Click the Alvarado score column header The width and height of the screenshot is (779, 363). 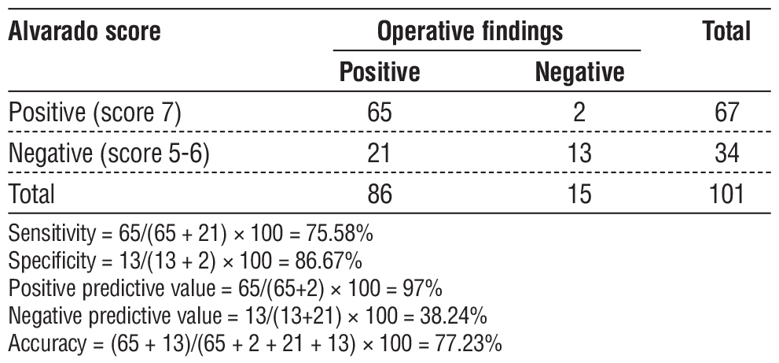point(85,33)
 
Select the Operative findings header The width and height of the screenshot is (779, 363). point(470,33)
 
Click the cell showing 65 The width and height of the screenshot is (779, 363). point(380,113)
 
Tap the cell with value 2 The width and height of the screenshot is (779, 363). point(579,113)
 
